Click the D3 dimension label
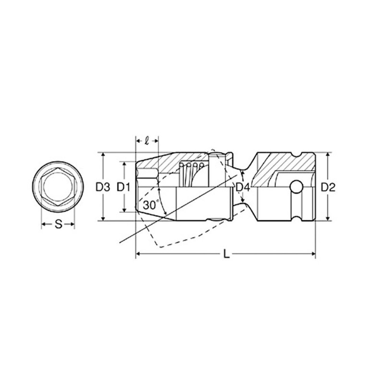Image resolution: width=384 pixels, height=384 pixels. coord(103,187)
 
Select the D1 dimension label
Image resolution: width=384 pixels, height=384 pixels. coord(123,187)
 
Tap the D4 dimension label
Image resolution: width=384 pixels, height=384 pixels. coord(243,188)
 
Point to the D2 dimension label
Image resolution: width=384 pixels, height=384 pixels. coord(328,187)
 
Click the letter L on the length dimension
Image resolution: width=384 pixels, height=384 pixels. coord(227,254)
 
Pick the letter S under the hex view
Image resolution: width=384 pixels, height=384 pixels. coord(58,224)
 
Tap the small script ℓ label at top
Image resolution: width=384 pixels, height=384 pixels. coord(147,141)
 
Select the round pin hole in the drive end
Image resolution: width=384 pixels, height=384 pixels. coord(296,187)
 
